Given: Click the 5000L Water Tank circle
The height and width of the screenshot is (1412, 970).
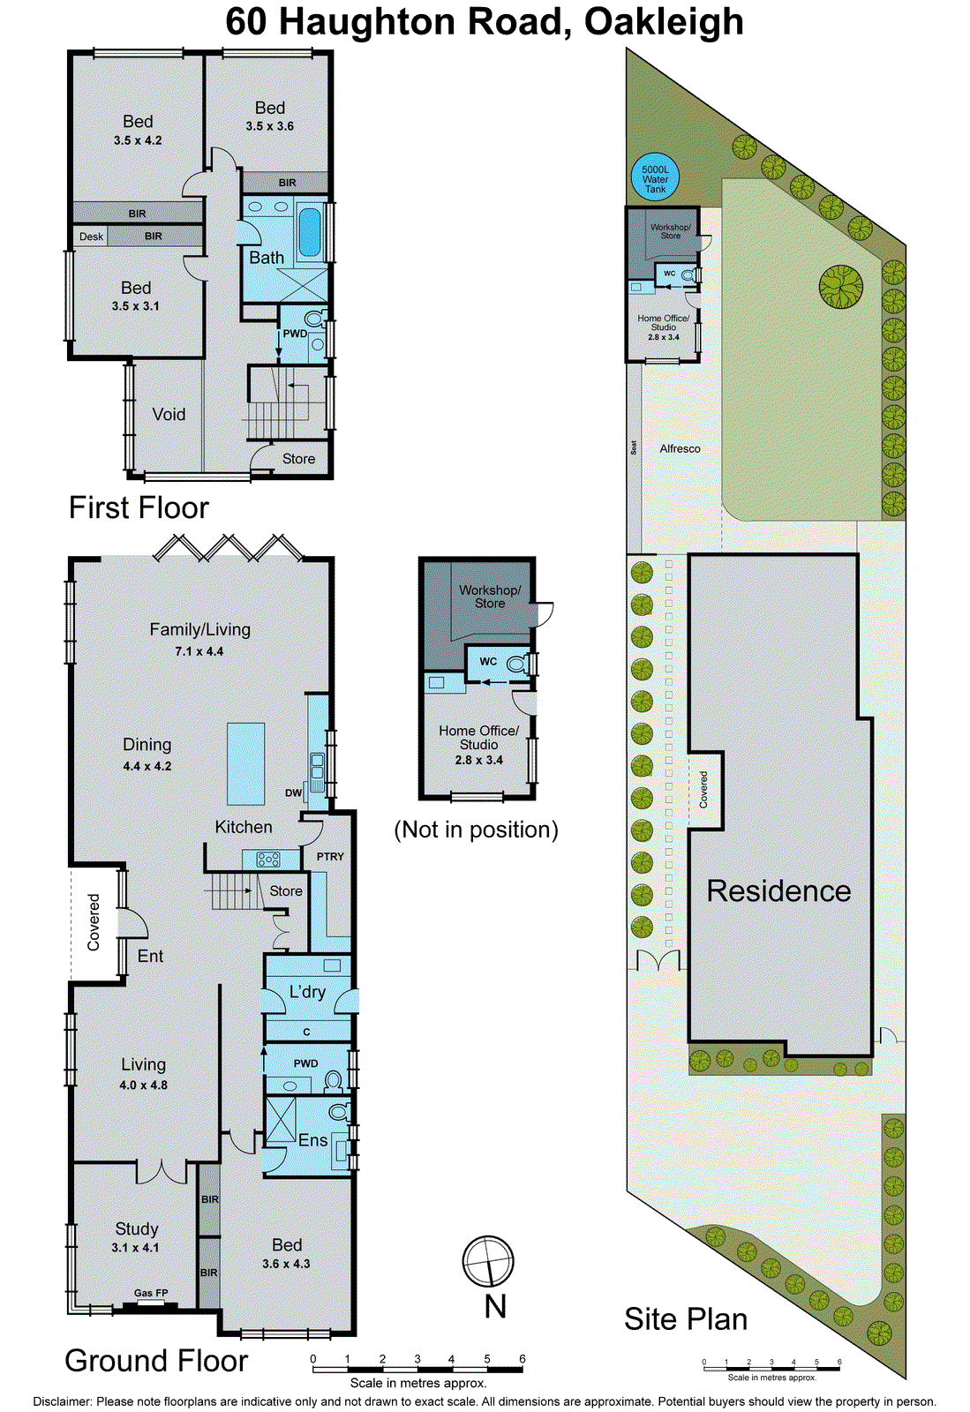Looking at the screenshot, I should pyautogui.click(x=655, y=179).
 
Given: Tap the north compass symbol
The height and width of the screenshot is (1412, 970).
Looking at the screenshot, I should pyautogui.click(x=488, y=1261).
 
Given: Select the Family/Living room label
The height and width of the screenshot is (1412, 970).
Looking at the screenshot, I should pyautogui.click(x=199, y=629).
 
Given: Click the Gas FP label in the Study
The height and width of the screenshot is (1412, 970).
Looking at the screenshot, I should pyautogui.click(x=151, y=1293).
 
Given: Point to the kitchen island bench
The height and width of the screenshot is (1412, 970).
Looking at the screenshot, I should pyautogui.click(x=245, y=763).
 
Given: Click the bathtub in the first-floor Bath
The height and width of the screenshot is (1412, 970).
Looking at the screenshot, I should pyautogui.click(x=310, y=231).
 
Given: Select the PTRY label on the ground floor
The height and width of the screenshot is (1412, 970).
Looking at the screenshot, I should pyautogui.click(x=330, y=856).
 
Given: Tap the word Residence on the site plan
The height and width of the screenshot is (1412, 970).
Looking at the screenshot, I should pyautogui.click(x=778, y=890).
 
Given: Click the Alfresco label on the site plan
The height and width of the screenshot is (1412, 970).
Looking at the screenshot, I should pyautogui.click(x=680, y=448).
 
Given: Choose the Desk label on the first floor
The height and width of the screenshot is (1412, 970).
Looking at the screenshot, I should pyautogui.click(x=91, y=237).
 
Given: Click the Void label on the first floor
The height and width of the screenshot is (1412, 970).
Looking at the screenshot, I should pyautogui.click(x=169, y=414).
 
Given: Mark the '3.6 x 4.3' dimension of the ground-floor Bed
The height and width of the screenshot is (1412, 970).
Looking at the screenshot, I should pyautogui.click(x=286, y=1264).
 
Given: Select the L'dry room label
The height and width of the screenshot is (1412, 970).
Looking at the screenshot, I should pyautogui.click(x=307, y=991).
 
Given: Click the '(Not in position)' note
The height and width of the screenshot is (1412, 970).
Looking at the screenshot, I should pyautogui.click(x=476, y=830).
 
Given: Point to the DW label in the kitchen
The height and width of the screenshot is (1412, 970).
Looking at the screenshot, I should pyautogui.click(x=293, y=792).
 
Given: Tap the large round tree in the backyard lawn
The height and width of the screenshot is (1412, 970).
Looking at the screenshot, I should pyautogui.click(x=840, y=287).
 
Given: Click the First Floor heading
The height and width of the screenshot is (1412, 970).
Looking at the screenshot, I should pyautogui.click(x=139, y=507).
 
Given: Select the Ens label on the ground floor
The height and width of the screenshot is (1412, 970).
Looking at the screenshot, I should pyautogui.click(x=312, y=1139).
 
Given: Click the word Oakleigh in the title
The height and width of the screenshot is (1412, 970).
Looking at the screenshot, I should pyautogui.click(x=664, y=21).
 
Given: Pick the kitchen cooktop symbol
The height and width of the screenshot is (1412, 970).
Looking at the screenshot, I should pyautogui.click(x=268, y=859).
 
